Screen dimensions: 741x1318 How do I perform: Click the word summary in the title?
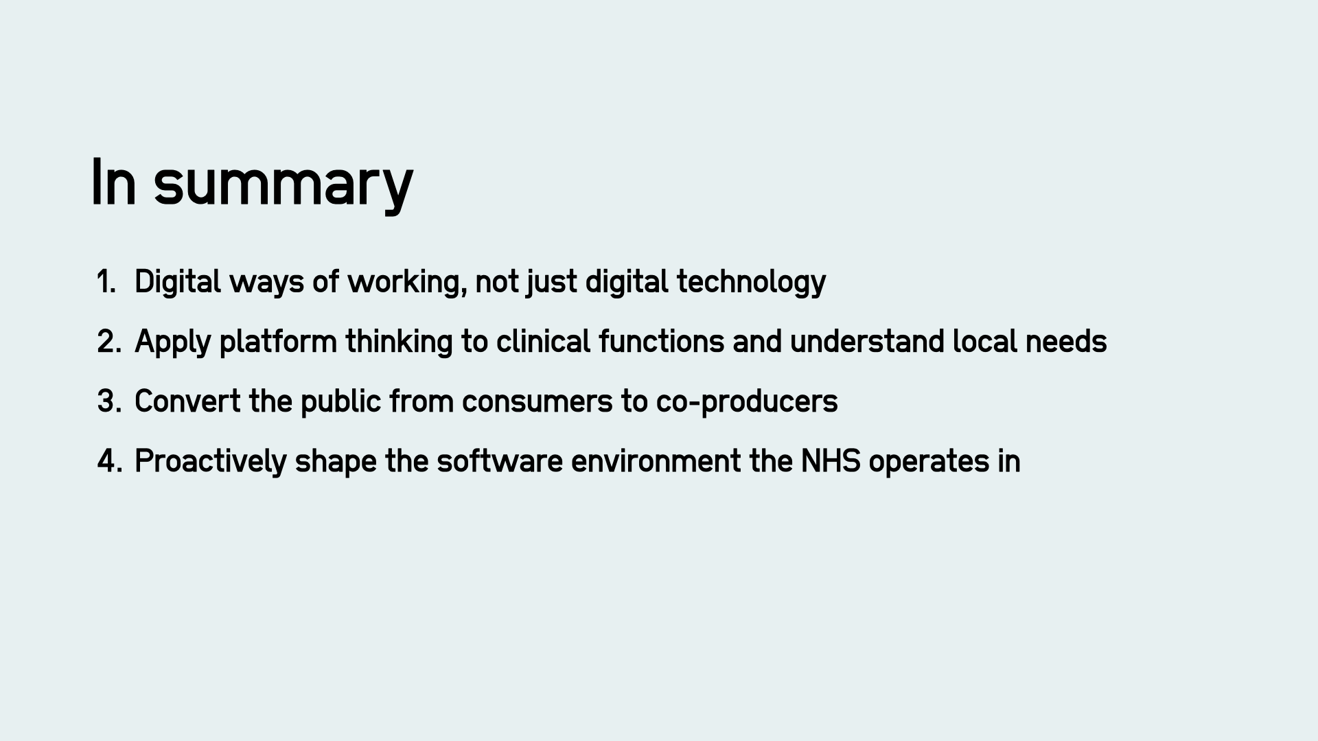(x=283, y=184)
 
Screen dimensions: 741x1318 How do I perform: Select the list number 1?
(x=106, y=282)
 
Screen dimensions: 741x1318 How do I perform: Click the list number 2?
(x=109, y=342)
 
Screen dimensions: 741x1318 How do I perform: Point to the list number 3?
(x=109, y=401)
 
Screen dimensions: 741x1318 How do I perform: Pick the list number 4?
(x=109, y=461)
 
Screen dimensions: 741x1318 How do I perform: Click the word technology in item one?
(x=751, y=282)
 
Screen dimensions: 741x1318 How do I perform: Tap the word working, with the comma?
(x=407, y=282)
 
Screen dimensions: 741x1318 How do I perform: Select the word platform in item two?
(x=278, y=342)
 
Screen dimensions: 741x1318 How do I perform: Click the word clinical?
(x=543, y=342)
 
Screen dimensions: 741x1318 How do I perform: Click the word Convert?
(x=187, y=401)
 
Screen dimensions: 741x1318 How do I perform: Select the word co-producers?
(x=747, y=401)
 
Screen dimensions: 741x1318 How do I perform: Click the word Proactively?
(x=210, y=461)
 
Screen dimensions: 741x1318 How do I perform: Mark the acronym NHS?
(x=831, y=461)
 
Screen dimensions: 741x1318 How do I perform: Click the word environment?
(x=656, y=461)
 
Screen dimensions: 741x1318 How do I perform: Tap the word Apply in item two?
(x=172, y=342)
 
